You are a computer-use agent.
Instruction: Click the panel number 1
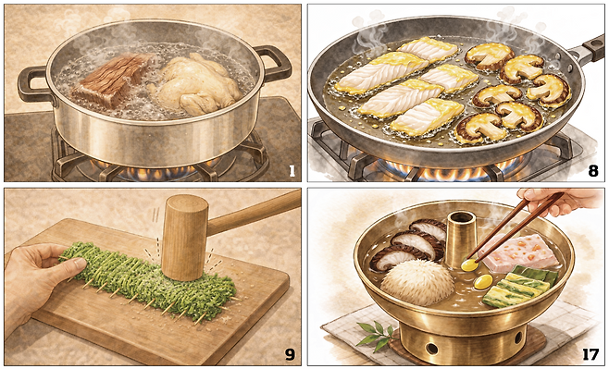[292, 171]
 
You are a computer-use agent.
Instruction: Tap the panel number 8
[593, 171]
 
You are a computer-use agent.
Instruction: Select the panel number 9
[290, 354]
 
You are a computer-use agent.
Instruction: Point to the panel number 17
[590, 354]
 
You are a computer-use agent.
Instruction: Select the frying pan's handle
[587, 48]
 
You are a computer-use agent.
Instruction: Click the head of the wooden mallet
[185, 238]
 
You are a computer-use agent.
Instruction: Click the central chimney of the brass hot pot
[461, 239]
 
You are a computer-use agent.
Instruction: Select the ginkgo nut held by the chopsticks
[469, 265]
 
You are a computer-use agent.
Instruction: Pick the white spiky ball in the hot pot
[417, 282]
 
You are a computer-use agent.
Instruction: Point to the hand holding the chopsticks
[563, 201]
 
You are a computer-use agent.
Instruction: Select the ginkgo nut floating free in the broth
[483, 282]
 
